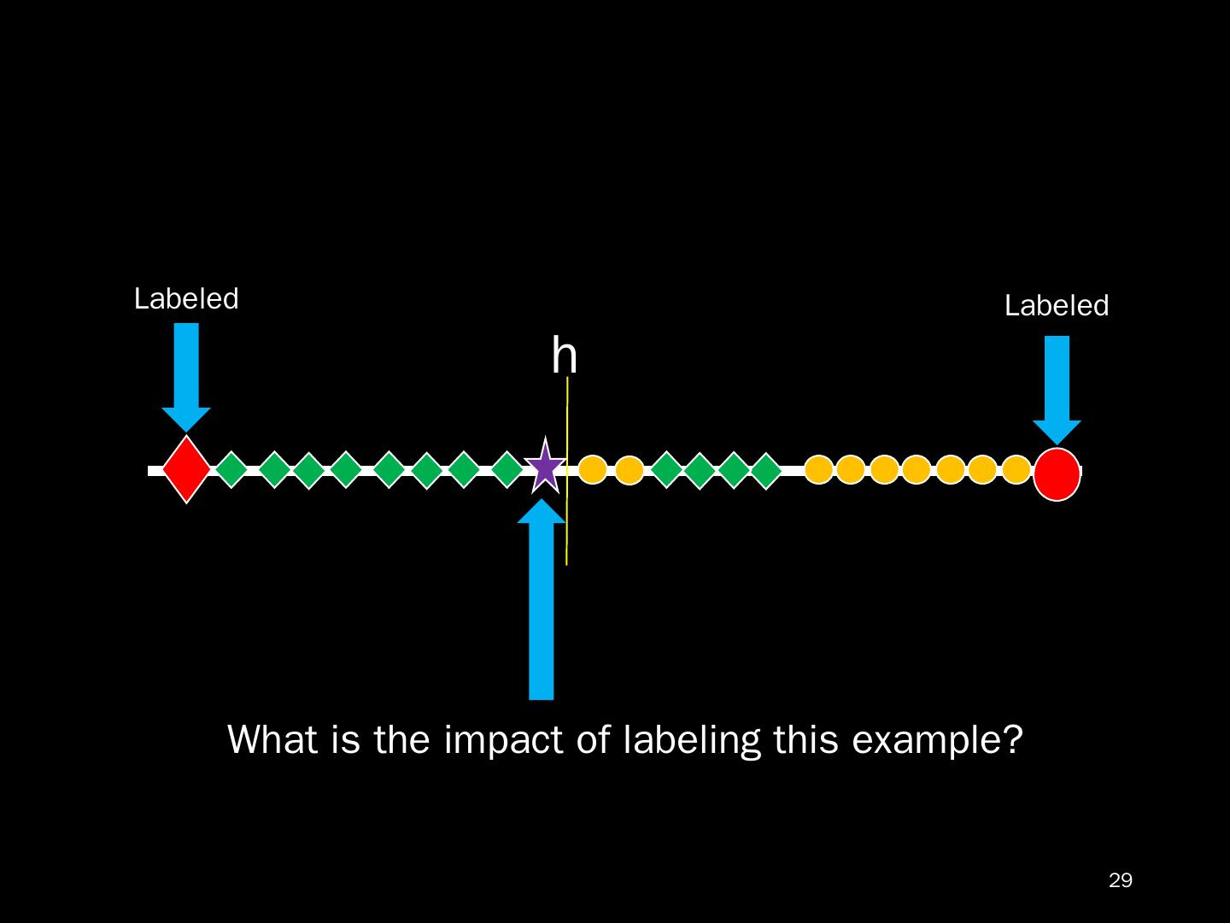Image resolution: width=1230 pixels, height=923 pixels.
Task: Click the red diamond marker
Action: point(186,469)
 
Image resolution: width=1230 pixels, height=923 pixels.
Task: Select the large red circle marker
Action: point(1057,473)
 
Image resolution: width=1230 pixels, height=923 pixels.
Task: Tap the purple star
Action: point(544,467)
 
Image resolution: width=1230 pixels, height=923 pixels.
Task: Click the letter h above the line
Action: point(564,356)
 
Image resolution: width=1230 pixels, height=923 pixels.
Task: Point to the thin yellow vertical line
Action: point(567,530)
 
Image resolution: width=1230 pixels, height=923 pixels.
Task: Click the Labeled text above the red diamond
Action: point(186,299)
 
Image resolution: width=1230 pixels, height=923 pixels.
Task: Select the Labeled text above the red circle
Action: point(1056,306)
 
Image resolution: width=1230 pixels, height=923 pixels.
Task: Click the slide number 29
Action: point(1120,880)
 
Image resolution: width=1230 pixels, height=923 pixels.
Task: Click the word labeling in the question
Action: point(691,740)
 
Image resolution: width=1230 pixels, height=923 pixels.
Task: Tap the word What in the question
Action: point(272,740)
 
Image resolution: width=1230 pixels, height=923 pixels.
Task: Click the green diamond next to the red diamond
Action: point(231,469)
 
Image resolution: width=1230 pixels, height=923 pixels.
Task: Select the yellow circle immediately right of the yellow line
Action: point(592,469)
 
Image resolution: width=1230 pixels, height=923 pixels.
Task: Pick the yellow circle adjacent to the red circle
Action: point(1016,469)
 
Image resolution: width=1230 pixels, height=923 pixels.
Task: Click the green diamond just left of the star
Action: point(507,469)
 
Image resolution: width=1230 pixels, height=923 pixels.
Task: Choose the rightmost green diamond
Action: point(766,471)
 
